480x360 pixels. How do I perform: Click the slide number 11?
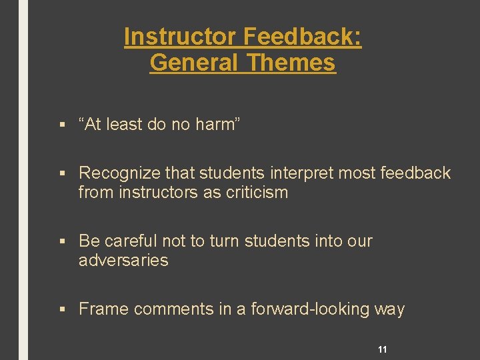382,349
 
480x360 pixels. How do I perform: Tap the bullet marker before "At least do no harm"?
61,124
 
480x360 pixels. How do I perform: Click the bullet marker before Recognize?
61,173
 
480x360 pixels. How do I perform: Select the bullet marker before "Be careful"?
61,241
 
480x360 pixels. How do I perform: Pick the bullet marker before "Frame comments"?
61,309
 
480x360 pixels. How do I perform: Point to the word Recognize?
119,173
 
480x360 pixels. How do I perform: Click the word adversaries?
123,260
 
